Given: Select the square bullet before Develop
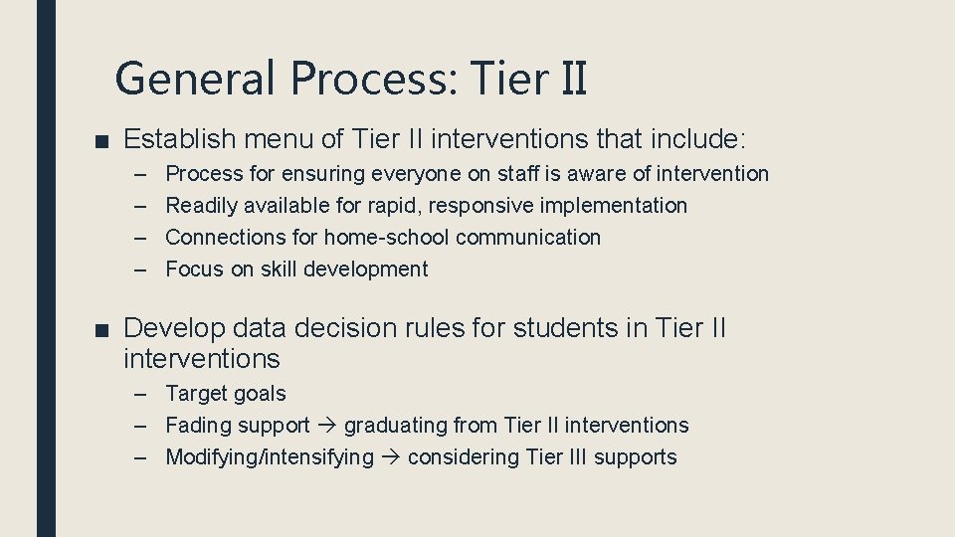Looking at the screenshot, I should click(x=103, y=329).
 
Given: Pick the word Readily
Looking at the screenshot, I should click(x=202, y=206).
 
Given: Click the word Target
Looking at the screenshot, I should click(x=196, y=395).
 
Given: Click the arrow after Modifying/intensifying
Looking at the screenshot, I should click(x=391, y=457).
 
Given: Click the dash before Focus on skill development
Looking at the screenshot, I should click(x=142, y=269).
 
